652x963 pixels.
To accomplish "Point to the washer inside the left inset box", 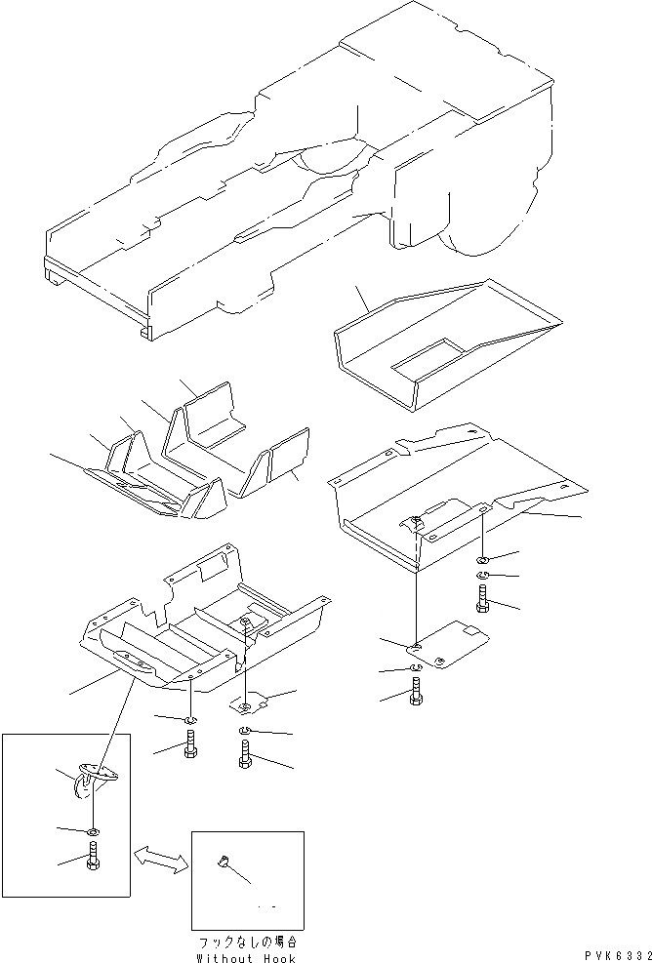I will click(92, 830).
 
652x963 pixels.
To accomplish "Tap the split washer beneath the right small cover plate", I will click(416, 667).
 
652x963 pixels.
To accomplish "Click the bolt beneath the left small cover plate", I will click(244, 755).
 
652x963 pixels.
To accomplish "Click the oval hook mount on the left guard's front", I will click(130, 662).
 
